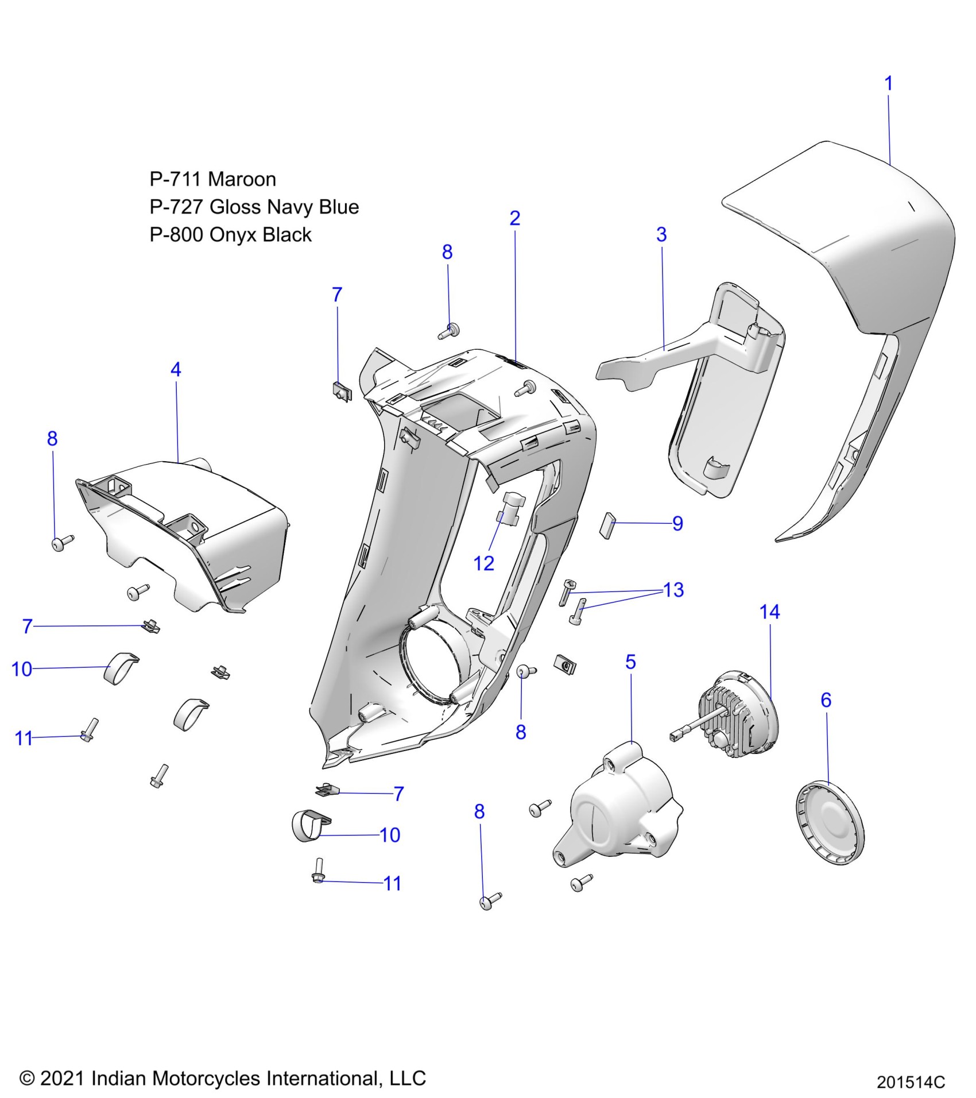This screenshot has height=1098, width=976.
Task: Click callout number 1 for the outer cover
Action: tap(888, 84)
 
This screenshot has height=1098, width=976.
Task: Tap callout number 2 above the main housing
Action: tap(515, 218)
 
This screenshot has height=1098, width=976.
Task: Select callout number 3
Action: tap(661, 235)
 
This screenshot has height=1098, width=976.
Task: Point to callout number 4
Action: tap(176, 369)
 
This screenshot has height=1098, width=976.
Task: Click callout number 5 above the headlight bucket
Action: tap(630, 662)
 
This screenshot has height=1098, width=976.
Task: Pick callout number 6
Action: tap(826, 700)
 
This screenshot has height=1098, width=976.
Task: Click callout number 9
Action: tap(677, 524)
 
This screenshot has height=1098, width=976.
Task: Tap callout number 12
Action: tap(483, 563)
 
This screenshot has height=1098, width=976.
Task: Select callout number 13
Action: tap(673, 590)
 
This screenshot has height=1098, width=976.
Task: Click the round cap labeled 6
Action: tap(830, 822)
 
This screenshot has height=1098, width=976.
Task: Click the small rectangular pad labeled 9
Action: tap(607, 525)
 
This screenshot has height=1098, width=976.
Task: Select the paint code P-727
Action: tap(177, 207)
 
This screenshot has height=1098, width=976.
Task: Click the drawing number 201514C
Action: tap(911, 1082)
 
